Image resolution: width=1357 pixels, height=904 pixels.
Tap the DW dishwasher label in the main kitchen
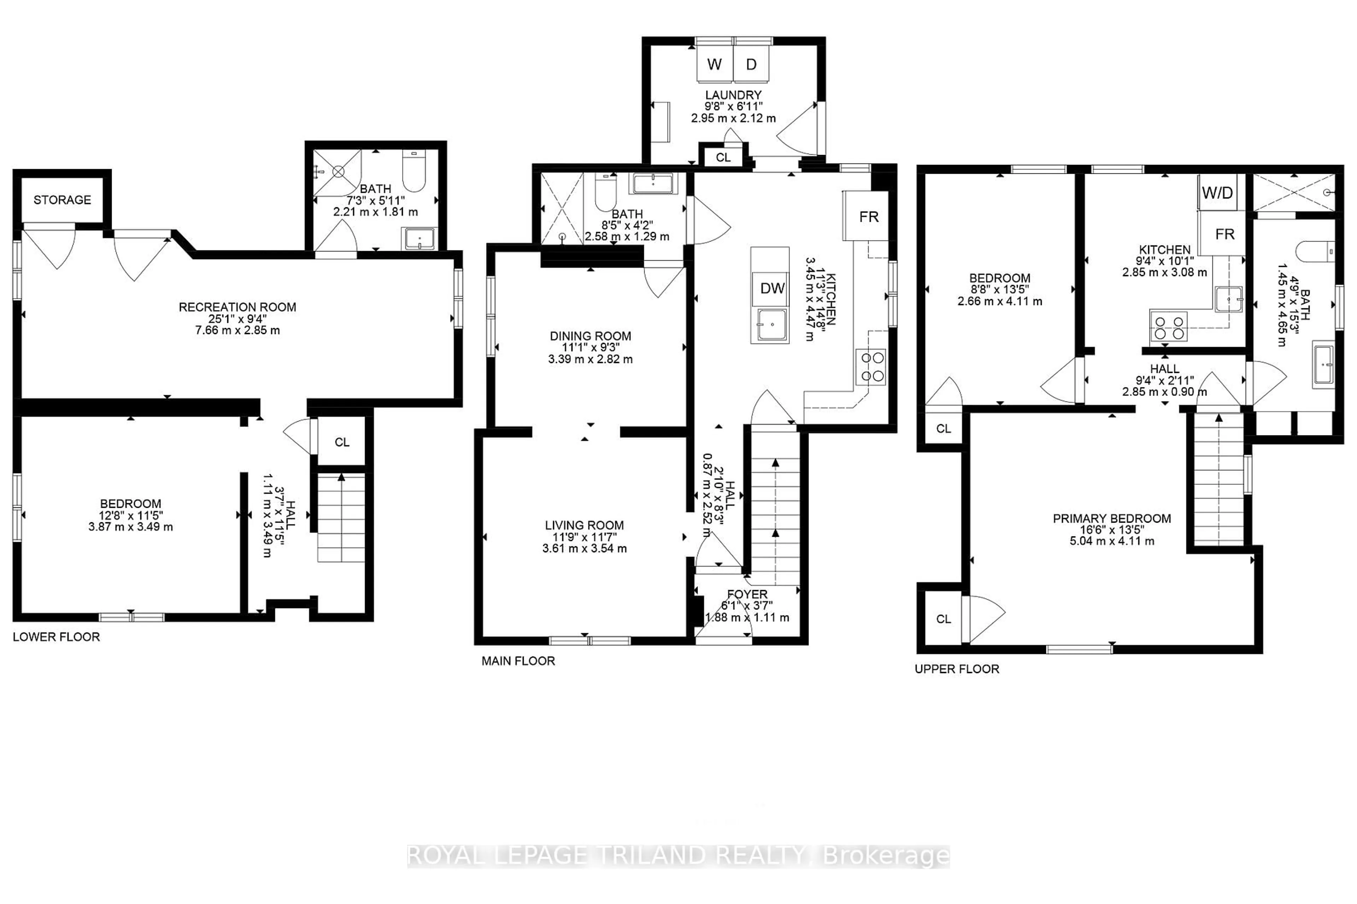pyautogui.click(x=772, y=288)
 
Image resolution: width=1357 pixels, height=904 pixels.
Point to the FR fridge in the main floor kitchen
pyautogui.click(x=868, y=217)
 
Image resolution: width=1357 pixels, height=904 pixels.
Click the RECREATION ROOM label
pyautogui.click(x=237, y=307)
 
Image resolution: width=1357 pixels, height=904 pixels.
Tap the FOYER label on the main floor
pyautogui.click(x=747, y=594)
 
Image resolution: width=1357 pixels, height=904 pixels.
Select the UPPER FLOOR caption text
pyautogui.click(x=957, y=669)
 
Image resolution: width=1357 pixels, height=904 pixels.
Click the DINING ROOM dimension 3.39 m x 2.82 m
pyautogui.click(x=590, y=359)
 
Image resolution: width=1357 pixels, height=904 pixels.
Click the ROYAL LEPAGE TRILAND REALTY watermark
pyautogui.click(x=678, y=856)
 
